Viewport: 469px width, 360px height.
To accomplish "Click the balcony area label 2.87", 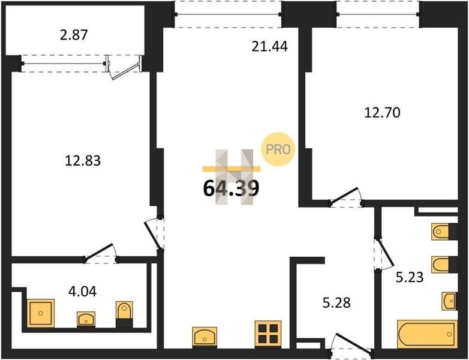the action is tap(74, 35).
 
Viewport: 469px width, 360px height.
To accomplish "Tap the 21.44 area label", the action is tap(269, 46).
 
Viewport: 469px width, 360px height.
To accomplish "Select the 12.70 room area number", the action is tap(382, 113).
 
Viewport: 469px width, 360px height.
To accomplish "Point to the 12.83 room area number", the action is tap(83, 161).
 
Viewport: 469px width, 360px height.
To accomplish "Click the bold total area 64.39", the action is tap(231, 188).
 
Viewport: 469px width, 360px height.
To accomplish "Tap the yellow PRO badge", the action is tap(278, 149).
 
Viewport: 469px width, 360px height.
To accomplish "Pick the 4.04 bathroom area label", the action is tap(82, 291).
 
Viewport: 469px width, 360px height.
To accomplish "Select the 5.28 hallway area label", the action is tap(336, 302).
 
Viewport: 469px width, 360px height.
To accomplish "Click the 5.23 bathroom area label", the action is tap(410, 277).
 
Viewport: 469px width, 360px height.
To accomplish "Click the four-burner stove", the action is tap(268, 334).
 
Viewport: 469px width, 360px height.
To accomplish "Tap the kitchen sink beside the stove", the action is tap(205, 337).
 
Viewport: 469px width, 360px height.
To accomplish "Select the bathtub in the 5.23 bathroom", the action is tap(427, 334).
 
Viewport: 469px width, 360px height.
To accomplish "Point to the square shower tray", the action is tap(41, 313).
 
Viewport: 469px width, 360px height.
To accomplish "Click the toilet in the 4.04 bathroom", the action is tap(124, 314).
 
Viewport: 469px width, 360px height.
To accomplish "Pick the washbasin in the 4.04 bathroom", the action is tap(86, 319).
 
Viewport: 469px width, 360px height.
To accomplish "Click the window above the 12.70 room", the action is tap(378, 14).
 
